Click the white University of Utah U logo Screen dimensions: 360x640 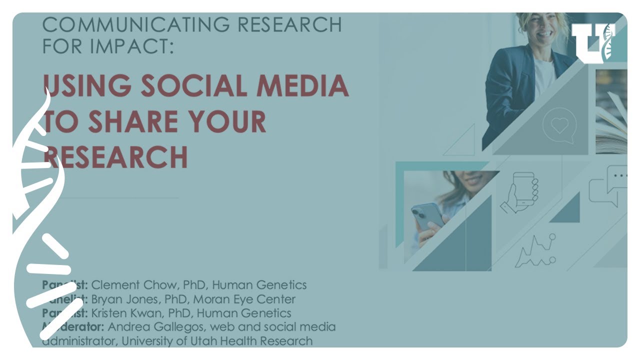(593, 43)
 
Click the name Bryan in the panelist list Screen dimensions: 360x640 (105, 299)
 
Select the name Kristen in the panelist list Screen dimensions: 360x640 (109, 313)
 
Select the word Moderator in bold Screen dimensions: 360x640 (74, 327)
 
